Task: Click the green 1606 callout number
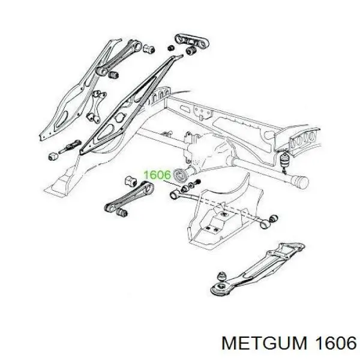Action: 157,175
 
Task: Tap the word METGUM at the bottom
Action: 264,343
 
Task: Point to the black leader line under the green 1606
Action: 172,184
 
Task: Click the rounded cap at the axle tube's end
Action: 301,183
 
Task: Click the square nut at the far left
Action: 54,157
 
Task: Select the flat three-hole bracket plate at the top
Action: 192,42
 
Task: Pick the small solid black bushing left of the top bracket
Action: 170,48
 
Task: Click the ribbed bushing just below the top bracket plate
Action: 191,51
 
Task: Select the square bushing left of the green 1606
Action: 131,181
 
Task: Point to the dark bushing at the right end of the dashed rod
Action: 273,218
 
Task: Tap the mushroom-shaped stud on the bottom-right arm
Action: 222,275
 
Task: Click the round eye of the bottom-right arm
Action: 221,288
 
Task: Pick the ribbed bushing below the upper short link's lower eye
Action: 113,76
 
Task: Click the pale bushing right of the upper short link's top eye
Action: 149,49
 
